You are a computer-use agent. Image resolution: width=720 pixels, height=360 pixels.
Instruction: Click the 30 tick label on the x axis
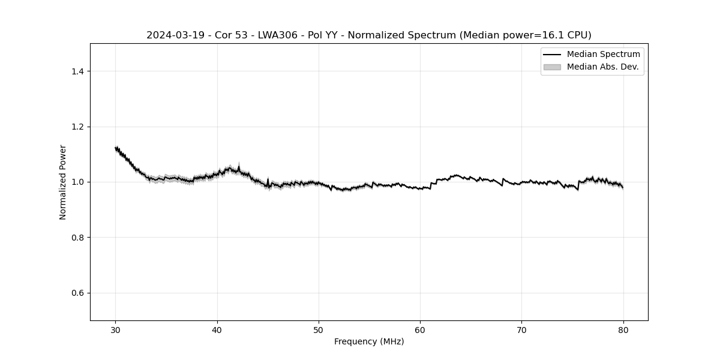116,329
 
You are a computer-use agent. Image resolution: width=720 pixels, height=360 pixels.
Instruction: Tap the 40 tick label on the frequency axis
217,329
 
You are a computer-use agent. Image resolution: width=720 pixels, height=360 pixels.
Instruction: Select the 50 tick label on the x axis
319,329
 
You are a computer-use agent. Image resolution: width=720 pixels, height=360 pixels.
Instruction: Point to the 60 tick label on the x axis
420,329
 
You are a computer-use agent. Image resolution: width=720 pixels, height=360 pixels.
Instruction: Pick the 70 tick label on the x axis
521,329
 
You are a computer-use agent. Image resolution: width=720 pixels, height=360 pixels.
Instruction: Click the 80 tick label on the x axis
623,329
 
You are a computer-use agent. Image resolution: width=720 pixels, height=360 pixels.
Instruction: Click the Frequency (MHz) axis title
369,341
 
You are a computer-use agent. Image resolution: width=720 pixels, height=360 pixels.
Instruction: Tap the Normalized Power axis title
63,182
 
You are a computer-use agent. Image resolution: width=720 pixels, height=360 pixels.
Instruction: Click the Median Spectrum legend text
603,55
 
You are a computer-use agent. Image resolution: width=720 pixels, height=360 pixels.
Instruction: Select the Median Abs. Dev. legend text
602,67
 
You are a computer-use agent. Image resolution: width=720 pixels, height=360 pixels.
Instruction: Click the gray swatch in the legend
552,67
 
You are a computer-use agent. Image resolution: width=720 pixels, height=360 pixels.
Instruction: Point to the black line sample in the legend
552,55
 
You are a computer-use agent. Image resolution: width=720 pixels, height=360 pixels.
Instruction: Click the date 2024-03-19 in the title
175,35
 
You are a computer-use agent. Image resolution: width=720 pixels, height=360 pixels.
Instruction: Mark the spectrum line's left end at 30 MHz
116,148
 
